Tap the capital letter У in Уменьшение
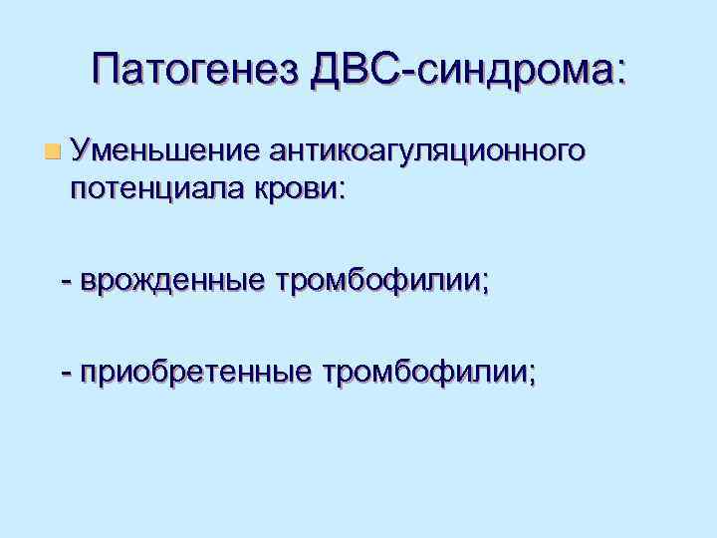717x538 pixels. click(79, 150)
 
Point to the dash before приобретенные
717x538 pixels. click(67, 374)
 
